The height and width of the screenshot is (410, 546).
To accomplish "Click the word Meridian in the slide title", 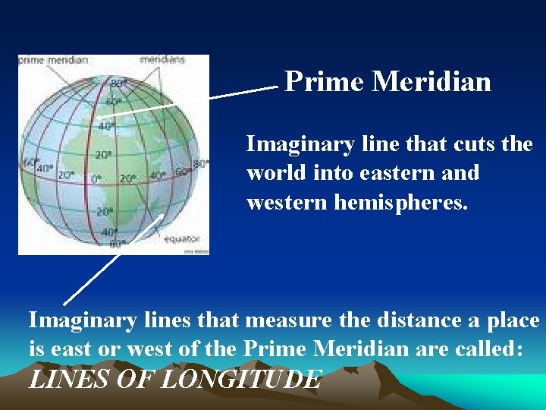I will pyautogui.click(x=431, y=81).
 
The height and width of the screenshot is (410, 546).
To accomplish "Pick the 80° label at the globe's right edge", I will pyautogui.click(x=201, y=163).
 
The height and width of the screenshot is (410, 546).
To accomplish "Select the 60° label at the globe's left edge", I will pyautogui.click(x=31, y=162).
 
